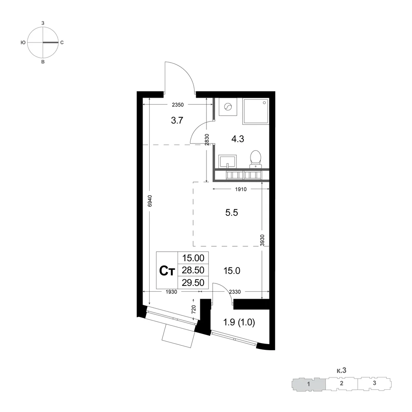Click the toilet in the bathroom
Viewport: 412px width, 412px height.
[255, 159]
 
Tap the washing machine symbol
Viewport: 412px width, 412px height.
[228, 107]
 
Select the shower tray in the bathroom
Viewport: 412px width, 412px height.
[256, 111]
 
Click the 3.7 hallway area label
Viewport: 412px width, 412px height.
[177, 120]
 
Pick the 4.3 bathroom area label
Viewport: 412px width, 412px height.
[238, 139]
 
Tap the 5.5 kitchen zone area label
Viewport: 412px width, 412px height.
[232, 213]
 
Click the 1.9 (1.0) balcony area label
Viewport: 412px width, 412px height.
[239, 322]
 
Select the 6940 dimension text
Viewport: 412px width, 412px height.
[150, 201]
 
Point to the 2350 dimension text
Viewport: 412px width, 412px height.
[178, 105]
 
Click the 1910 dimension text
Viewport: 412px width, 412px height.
[241, 189]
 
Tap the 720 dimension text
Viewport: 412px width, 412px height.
[194, 309]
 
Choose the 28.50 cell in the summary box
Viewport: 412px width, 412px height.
[193, 270]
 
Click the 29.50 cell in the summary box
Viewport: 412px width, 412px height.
[193, 283]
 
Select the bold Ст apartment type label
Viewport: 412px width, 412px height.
[167, 271]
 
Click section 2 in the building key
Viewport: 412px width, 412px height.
[342, 383]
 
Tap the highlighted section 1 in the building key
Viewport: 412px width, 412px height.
[309, 384]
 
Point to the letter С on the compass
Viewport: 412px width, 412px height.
[62, 42]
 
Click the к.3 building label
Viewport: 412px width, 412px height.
[342, 370]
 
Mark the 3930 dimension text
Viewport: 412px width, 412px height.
[262, 240]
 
